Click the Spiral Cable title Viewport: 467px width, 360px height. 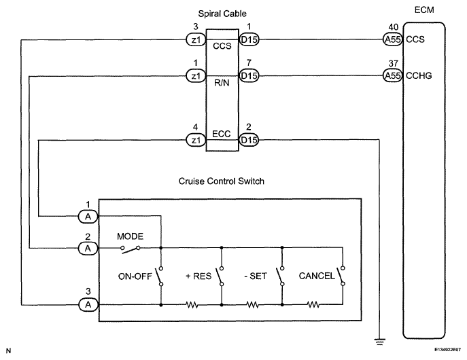click(222, 14)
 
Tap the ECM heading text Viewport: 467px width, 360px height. click(424, 10)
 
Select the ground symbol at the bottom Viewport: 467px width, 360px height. click(379, 342)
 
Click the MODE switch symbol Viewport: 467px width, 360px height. click(130, 249)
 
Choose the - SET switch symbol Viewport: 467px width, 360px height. click(280, 276)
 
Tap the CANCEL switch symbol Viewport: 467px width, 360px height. click(341, 276)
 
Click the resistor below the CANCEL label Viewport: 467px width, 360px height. click(313, 305)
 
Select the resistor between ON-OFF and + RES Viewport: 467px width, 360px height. click(192, 305)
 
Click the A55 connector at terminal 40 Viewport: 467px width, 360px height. click(393, 39)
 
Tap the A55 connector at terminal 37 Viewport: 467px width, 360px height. click(393, 75)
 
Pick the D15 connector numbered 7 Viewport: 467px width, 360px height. click(249, 75)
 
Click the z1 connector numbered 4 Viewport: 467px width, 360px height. click(196, 140)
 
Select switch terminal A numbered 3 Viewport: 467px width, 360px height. click(88, 305)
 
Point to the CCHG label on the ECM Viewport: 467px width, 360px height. click(419, 76)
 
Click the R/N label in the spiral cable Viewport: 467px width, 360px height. click(222, 83)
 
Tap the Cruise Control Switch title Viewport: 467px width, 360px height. click(222, 181)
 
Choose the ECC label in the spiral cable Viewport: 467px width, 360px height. click(222, 134)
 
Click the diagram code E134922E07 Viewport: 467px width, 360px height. click(447, 350)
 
